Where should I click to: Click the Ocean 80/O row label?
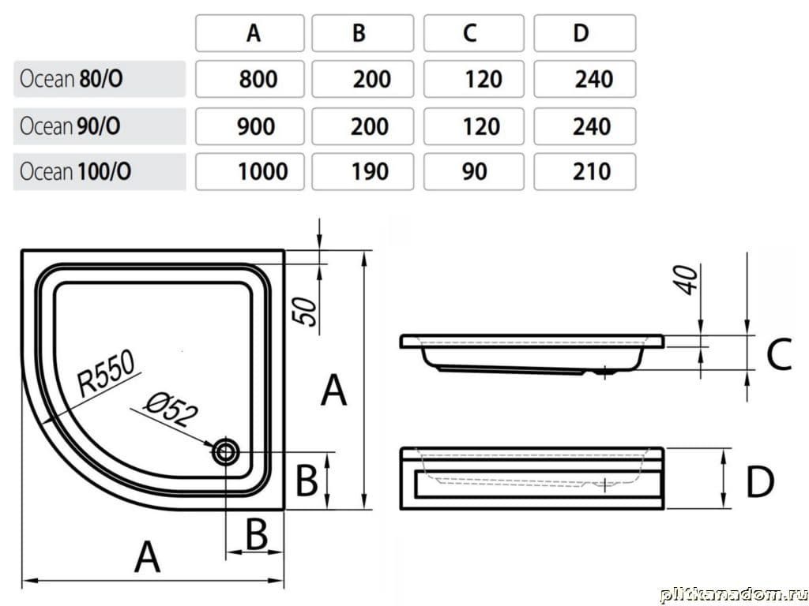pos(71,79)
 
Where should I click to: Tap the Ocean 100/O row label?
pos(76,171)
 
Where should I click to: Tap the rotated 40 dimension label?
pos(688,279)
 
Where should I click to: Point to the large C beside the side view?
pos(778,355)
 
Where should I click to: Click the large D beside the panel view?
pos(759,481)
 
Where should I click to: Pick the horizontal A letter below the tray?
pos(148,558)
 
